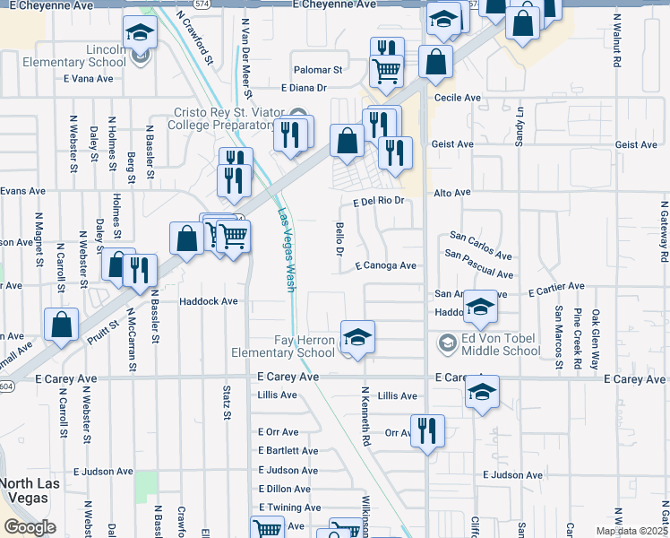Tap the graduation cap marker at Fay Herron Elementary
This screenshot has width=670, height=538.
point(357,338)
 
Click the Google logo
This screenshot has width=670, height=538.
point(30,526)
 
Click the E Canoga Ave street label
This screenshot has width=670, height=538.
point(385,265)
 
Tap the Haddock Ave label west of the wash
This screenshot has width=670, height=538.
point(208,301)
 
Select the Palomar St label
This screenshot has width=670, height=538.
point(319,69)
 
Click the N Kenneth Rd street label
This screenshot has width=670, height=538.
point(365,418)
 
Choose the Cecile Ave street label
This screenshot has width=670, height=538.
point(458,97)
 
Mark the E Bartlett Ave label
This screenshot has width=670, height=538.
point(288,451)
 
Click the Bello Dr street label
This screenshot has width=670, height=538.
point(339,239)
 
